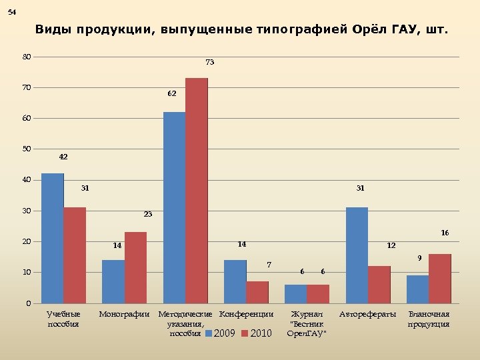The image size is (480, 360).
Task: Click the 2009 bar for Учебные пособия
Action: [53, 238]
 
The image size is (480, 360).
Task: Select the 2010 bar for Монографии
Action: [135, 267]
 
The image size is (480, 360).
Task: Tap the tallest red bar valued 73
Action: [197, 190]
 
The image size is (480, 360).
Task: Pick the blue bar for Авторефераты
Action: [357, 255]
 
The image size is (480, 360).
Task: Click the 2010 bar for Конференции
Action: [257, 292]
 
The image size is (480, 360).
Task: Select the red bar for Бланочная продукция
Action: [440, 278]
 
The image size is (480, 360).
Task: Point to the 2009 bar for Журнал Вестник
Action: [295, 293]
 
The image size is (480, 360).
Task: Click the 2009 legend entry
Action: [219, 333]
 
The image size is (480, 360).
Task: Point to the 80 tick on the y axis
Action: [26, 57]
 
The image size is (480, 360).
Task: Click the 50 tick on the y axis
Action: [26, 149]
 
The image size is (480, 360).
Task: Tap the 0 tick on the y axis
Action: [27, 303]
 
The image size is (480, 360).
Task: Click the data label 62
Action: [172, 94]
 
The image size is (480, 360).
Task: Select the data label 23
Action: [148, 215]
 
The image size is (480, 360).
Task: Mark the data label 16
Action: [445, 233]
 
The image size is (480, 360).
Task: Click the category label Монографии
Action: [124, 314]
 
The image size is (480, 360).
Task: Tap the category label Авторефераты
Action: [368, 314]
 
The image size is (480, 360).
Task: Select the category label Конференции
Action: [247, 314]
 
